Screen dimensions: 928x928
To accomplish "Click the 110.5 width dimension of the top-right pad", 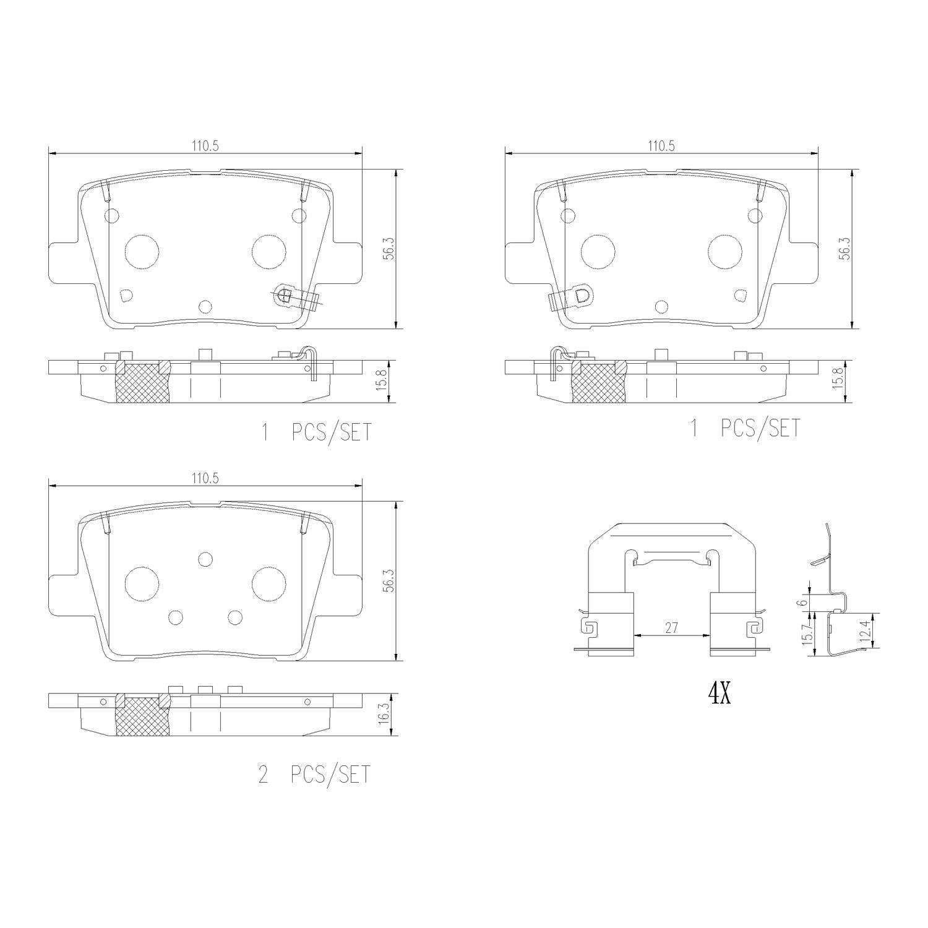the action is pyautogui.click(x=661, y=146).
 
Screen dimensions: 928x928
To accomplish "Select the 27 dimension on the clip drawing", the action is pyautogui.click(x=671, y=627).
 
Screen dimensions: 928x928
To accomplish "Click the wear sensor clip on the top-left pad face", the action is pyautogui.click(x=296, y=298).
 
